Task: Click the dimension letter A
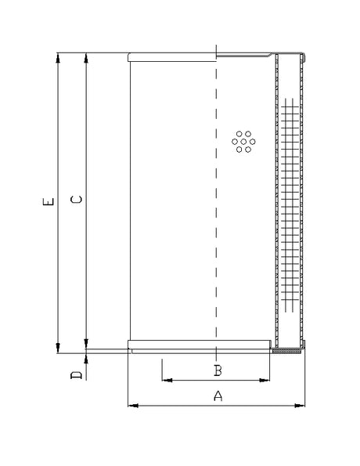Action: coord(218,396)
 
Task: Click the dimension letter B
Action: coord(218,370)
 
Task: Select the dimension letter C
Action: coord(76,200)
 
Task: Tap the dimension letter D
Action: coord(76,376)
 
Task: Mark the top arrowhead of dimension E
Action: coord(57,57)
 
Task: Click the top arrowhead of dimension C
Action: coord(85,57)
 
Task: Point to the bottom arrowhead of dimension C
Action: coord(85,341)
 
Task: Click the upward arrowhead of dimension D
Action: coord(85,357)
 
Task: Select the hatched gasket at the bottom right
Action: coord(288,351)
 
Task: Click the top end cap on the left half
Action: coord(171,56)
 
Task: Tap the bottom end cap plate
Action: coord(200,345)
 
